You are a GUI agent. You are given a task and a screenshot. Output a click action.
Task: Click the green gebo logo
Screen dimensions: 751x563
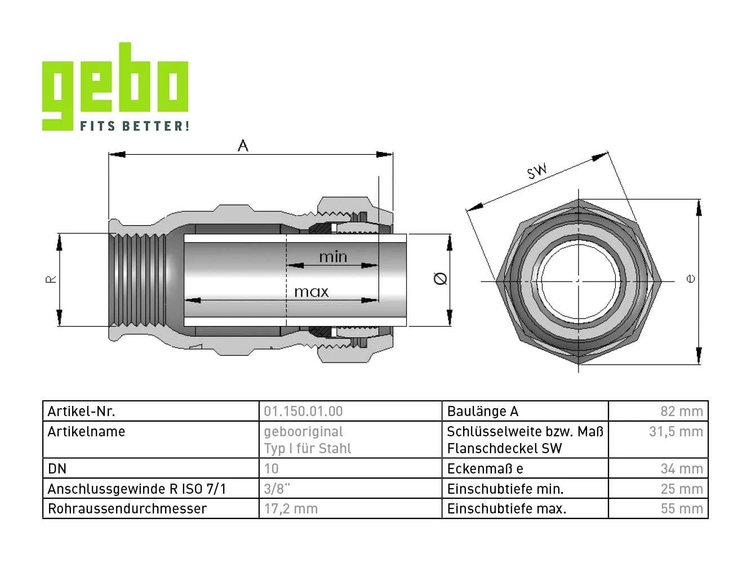(115, 86)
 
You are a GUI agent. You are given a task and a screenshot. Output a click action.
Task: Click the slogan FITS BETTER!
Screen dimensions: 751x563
(135, 126)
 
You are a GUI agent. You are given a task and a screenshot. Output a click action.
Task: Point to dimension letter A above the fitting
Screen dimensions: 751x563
(243, 146)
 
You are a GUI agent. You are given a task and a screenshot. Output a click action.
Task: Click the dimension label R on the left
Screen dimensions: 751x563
(51, 279)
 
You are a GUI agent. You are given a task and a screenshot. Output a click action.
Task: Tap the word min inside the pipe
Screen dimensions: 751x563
(333, 257)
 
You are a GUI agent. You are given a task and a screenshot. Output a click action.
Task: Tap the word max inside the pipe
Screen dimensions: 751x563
(312, 292)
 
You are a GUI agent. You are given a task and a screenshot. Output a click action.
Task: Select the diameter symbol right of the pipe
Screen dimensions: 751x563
(440, 279)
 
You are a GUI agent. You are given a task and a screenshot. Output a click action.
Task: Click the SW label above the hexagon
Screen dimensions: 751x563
(537, 171)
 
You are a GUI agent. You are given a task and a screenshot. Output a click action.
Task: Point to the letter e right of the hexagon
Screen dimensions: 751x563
(691, 279)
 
